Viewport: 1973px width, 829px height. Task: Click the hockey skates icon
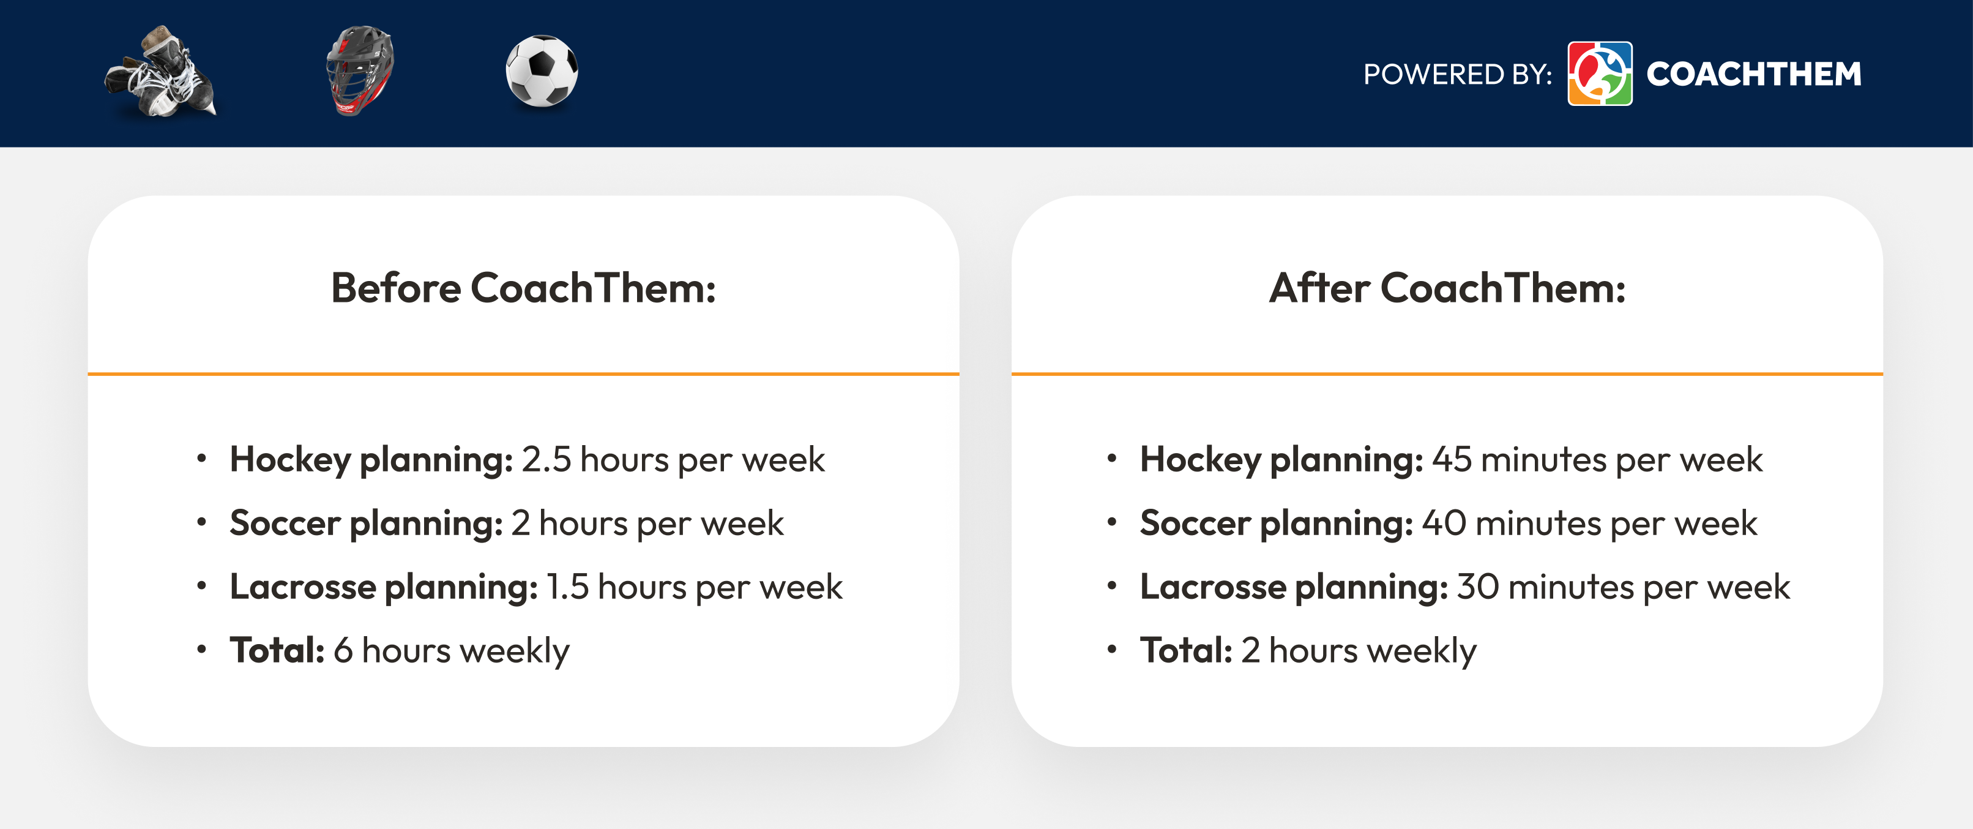[161, 72]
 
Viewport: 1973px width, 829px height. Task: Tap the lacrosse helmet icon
[359, 70]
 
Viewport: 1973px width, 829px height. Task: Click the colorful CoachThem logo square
[1599, 73]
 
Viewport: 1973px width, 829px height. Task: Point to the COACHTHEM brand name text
[1753, 74]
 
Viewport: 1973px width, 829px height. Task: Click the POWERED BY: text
[1456, 74]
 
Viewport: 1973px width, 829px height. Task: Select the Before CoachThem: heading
[523, 288]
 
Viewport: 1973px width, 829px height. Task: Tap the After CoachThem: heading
[1447, 288]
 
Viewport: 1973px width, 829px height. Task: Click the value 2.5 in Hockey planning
[546, 460]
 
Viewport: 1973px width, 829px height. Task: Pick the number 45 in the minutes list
[1452, 460]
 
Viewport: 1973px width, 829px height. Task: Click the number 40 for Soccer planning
[1444, 523]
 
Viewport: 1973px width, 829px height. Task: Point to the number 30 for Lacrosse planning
[1477, 587]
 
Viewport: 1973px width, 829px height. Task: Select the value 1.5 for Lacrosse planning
[567, 587]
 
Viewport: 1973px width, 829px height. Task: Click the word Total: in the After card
[1185, 650]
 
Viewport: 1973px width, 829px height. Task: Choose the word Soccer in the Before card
[285, 523]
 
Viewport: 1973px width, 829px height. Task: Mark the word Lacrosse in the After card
[1212, 587]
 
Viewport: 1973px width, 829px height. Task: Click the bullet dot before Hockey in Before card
[201, 458]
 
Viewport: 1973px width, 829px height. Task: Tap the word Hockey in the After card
[1200, 460]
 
